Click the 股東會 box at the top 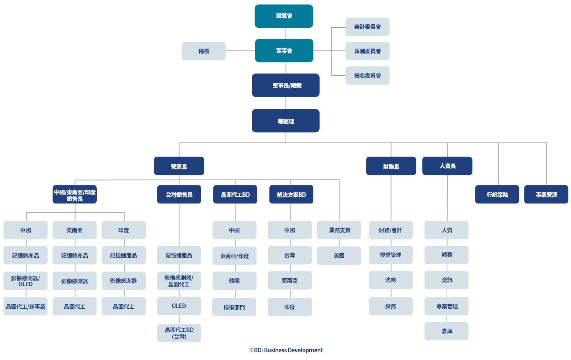point(284,16)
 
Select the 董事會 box point(284,51)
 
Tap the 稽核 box point(204,51)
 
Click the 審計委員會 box point(367,27)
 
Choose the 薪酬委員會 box point(367,51)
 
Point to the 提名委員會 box point(367,75)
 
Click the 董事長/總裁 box point(286,85)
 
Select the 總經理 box point(286,121)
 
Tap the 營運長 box point(179,166)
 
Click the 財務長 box point(391,166)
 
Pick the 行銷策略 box point(497,194)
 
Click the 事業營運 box point(546,194)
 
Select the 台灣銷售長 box point(179,194)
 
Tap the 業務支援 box point(339,230)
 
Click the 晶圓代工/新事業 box point(25,306)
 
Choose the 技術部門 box point(234,307)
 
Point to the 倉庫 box point(447,331)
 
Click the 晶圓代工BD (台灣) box point(179,333)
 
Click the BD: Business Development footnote point(286,350)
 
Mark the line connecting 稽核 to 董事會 point(240,51)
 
